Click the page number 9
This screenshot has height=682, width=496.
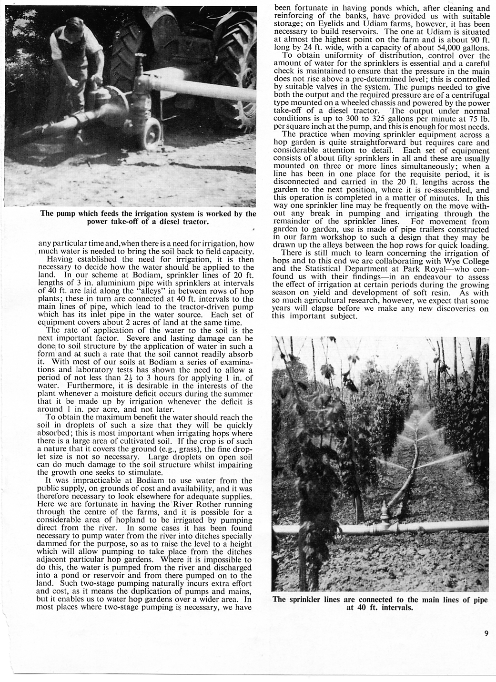point(486,633)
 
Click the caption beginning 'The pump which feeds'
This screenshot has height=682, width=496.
point(148,217)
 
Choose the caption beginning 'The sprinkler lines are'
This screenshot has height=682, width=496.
point(380,604)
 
